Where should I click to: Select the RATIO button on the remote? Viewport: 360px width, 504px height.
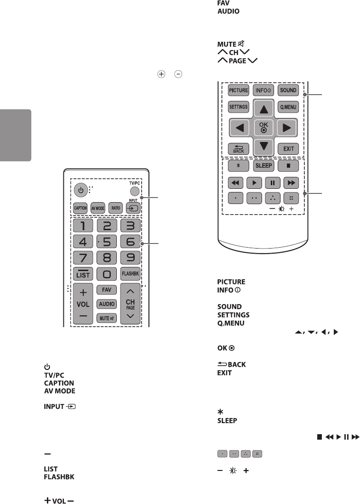(x=116, y=208)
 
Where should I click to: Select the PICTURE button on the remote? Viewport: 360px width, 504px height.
(x=239, y=90)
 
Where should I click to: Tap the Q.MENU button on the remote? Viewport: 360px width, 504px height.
(x=288, y=107)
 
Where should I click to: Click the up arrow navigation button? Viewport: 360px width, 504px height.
(x=263, y=108)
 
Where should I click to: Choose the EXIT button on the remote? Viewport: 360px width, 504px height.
(x=288, y=149)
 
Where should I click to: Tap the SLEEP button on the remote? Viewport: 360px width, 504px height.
(x=263, y=165)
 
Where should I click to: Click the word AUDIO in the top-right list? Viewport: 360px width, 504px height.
(x=228, y=11)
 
